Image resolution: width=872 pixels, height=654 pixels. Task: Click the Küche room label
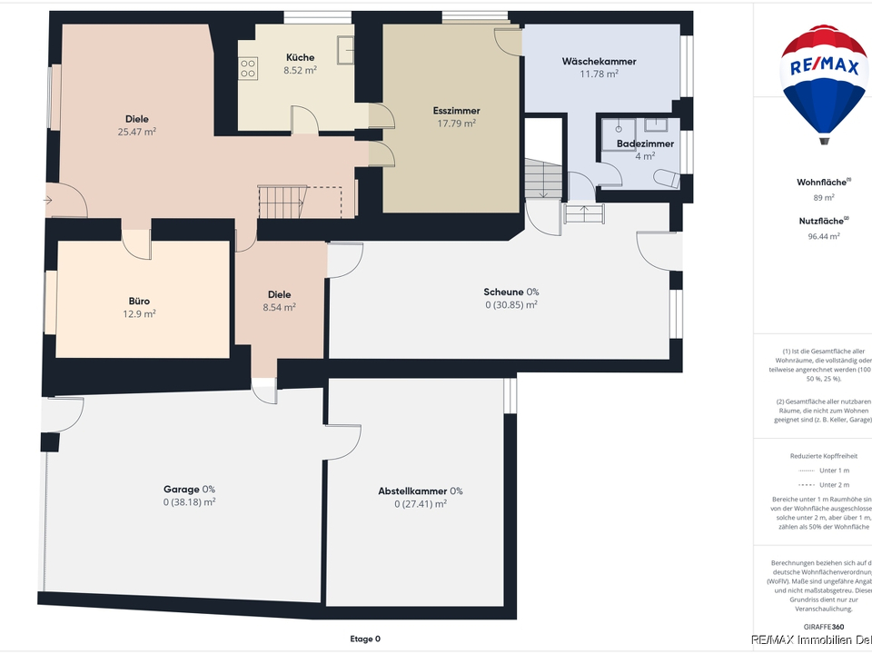pyautogui.click(x=300, y=57)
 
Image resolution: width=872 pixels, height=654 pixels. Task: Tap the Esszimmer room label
pyautogui.click(x=457, y=111)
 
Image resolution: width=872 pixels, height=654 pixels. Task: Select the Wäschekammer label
pyautogui.click(x=599, y=62)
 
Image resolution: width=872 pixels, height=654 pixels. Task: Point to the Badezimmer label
pyautogui.click(x=645, y=144)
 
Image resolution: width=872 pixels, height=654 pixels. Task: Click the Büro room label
pyautogui.click(x=139, y=301)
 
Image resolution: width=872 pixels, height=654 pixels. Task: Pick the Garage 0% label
pyautogui.click(x=189, y=489)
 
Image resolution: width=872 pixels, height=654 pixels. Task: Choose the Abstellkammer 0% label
pyautogui.click(x=421, y=491)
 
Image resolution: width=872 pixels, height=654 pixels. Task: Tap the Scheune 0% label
pyautogui.click(x=511, y=292)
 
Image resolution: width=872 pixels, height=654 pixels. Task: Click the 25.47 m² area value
pyautogui.click(x=137, y=132)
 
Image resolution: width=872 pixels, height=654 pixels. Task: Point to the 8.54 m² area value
pyautogui.click(x=279, y=307)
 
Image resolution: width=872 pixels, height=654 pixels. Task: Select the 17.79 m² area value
pyautogui.click(x=457, y=124)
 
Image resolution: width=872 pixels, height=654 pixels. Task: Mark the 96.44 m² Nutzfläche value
pyautogui.click(x=823, y=236)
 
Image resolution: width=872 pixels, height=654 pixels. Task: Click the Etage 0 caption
pyautogui.click(x=365, y=639)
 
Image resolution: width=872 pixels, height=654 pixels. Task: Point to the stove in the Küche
pyautogui.click(x=248, y=66)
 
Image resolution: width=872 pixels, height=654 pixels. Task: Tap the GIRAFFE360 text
pyautogui.click(x=823, y=627)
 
